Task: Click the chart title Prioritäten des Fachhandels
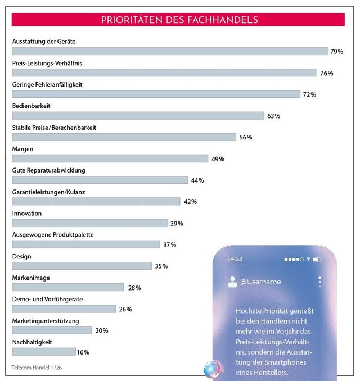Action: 179,20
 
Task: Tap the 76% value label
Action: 326,73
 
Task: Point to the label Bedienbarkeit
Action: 31,106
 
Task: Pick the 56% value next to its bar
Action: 245,138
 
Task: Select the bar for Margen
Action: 110,159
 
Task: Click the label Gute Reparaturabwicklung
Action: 48,170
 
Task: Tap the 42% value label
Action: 189,202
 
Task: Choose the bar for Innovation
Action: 90,223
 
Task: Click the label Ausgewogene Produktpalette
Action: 53,234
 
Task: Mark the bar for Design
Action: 82,266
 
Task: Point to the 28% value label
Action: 134,288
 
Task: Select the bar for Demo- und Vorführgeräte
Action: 64,309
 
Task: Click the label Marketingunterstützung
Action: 46,320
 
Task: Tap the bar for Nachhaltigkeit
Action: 44,352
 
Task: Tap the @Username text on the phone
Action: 260,282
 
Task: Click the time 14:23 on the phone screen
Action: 235,259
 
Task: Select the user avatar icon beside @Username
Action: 232,282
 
